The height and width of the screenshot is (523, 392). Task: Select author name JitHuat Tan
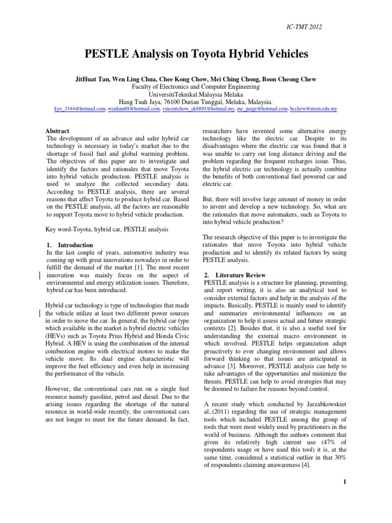pyautogui.click(x=94, y=79)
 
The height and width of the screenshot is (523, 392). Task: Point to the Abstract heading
pyautogui.click(x=58, y=131)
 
